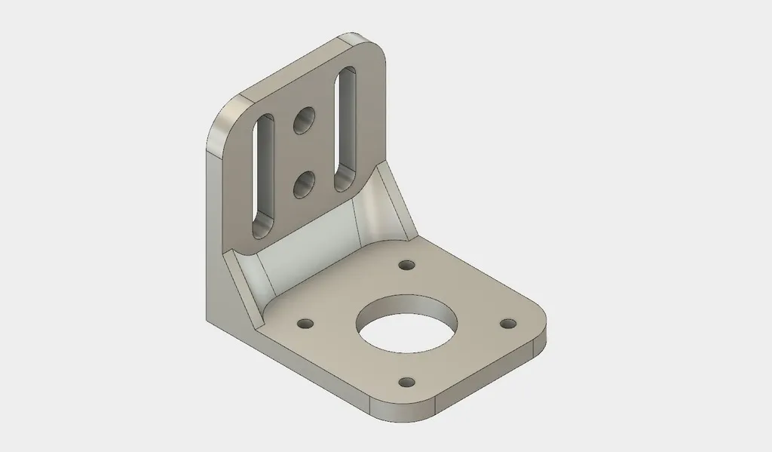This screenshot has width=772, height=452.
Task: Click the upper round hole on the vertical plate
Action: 305,119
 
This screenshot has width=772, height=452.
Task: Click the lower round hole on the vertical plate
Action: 305,184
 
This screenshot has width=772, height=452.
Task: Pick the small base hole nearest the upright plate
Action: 407,266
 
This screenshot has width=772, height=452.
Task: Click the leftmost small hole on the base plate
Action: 305,324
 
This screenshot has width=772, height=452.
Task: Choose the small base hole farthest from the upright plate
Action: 407,382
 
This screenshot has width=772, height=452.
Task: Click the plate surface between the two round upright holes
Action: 305,151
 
